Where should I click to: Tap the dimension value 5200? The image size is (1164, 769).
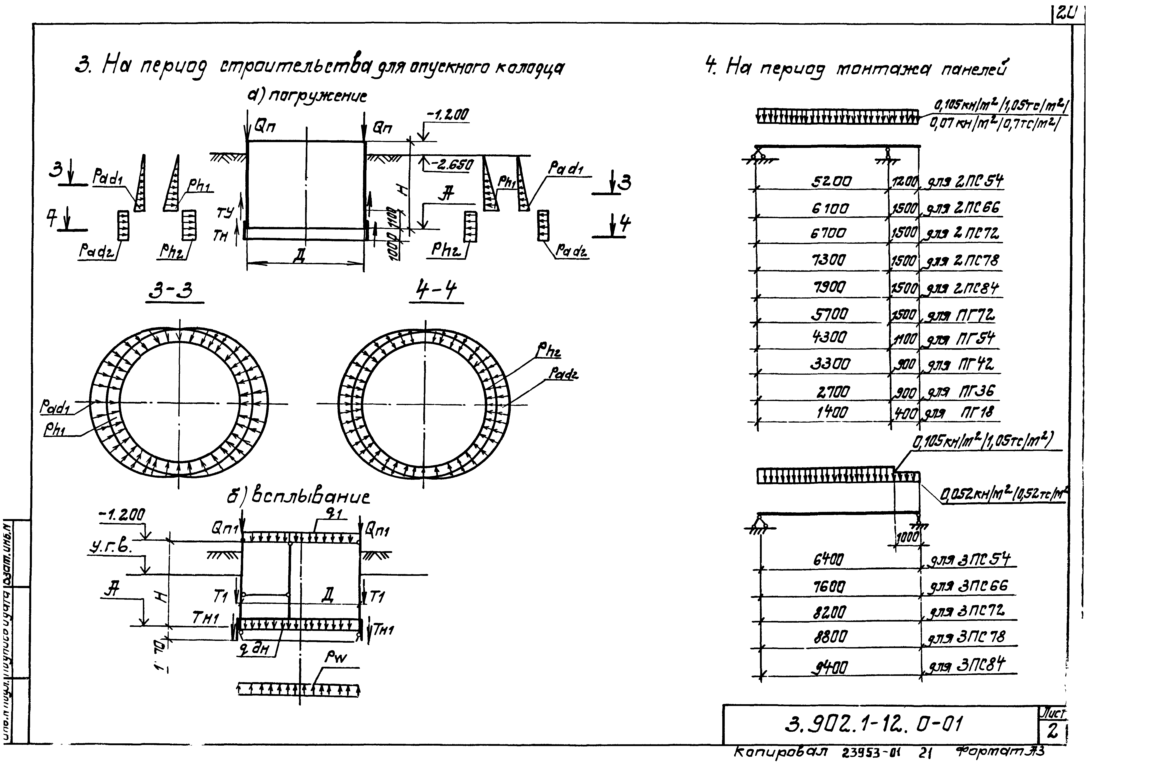coord(831,182)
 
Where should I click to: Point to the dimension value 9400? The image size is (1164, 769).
coord(830,667)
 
